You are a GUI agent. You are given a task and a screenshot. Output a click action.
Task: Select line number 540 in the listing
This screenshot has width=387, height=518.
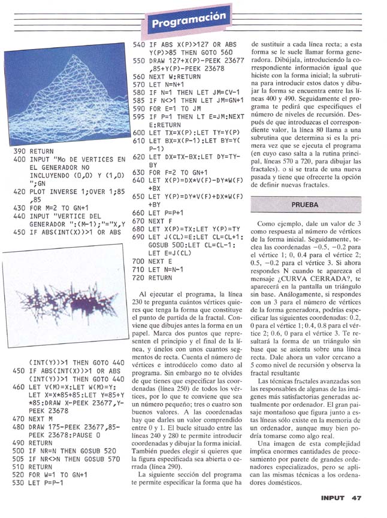click(139, 44)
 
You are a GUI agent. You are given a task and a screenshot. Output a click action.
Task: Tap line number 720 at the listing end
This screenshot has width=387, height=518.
click(139, 278)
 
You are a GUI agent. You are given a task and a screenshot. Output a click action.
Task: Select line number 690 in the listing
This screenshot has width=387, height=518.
click(139, 237)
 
